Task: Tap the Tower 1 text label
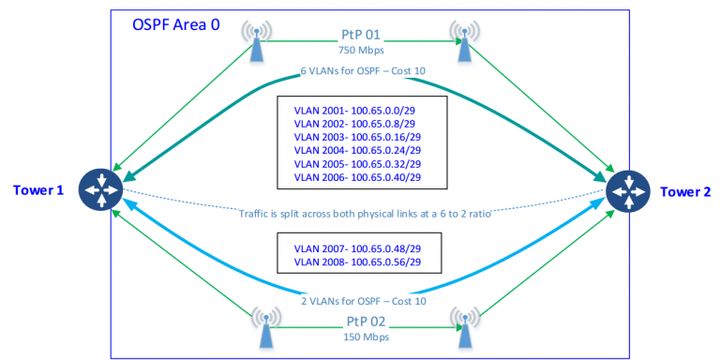[x=39, y=191]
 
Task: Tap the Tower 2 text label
[x=685, y=191]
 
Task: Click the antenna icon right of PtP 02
[x=462, y=325]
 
